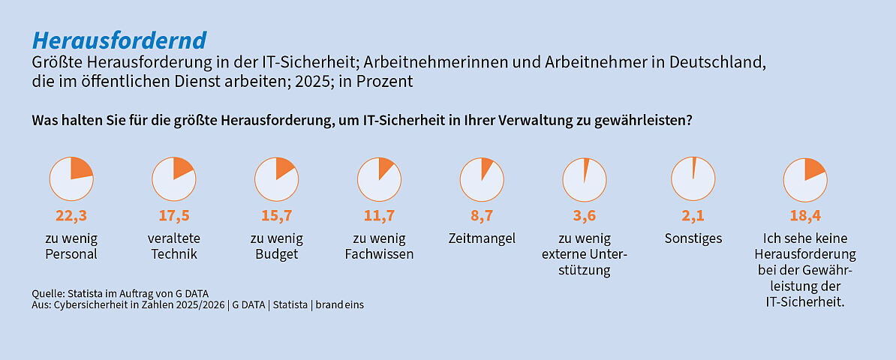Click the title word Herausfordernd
click(x=120, y=40)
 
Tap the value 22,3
click(x=71, y=216)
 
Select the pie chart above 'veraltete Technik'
click(x=174, y=178)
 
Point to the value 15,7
click(x=276, y=216)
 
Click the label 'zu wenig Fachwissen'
click(x=379, y=246)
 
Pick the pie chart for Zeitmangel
click(x=481, y=178)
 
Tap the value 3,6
click(x=584, y=216)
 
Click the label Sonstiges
click(x=693, y=238)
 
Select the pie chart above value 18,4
click(x=804, y=178)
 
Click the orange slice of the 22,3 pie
click(x=81, y=169)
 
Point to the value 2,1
click(x=693, y=216)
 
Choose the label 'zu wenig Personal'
click(x=71, y=246)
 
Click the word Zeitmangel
click(x=481, y=238)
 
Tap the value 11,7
click(x=379, y=216)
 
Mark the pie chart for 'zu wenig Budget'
click(x=276, y=178)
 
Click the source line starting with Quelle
click(x=120, y=293)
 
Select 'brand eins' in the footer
click(x=339, y=305)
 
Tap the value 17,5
click(x=174, y=216)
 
